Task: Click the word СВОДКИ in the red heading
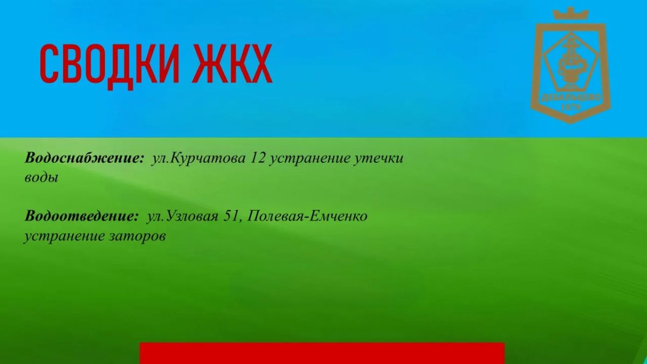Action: [x=109, y=66]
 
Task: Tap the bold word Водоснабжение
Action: [x=84, y=159]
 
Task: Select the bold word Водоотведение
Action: [x=82, y=216]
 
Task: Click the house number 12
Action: [x=258, y=158]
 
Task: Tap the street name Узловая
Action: [x=192, y=216]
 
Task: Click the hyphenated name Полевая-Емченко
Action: [x=307, y=216]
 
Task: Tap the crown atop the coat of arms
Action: [x=571, y=13]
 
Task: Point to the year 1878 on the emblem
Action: [x=571, y=107]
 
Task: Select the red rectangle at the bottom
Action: [x=322, y=353]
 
